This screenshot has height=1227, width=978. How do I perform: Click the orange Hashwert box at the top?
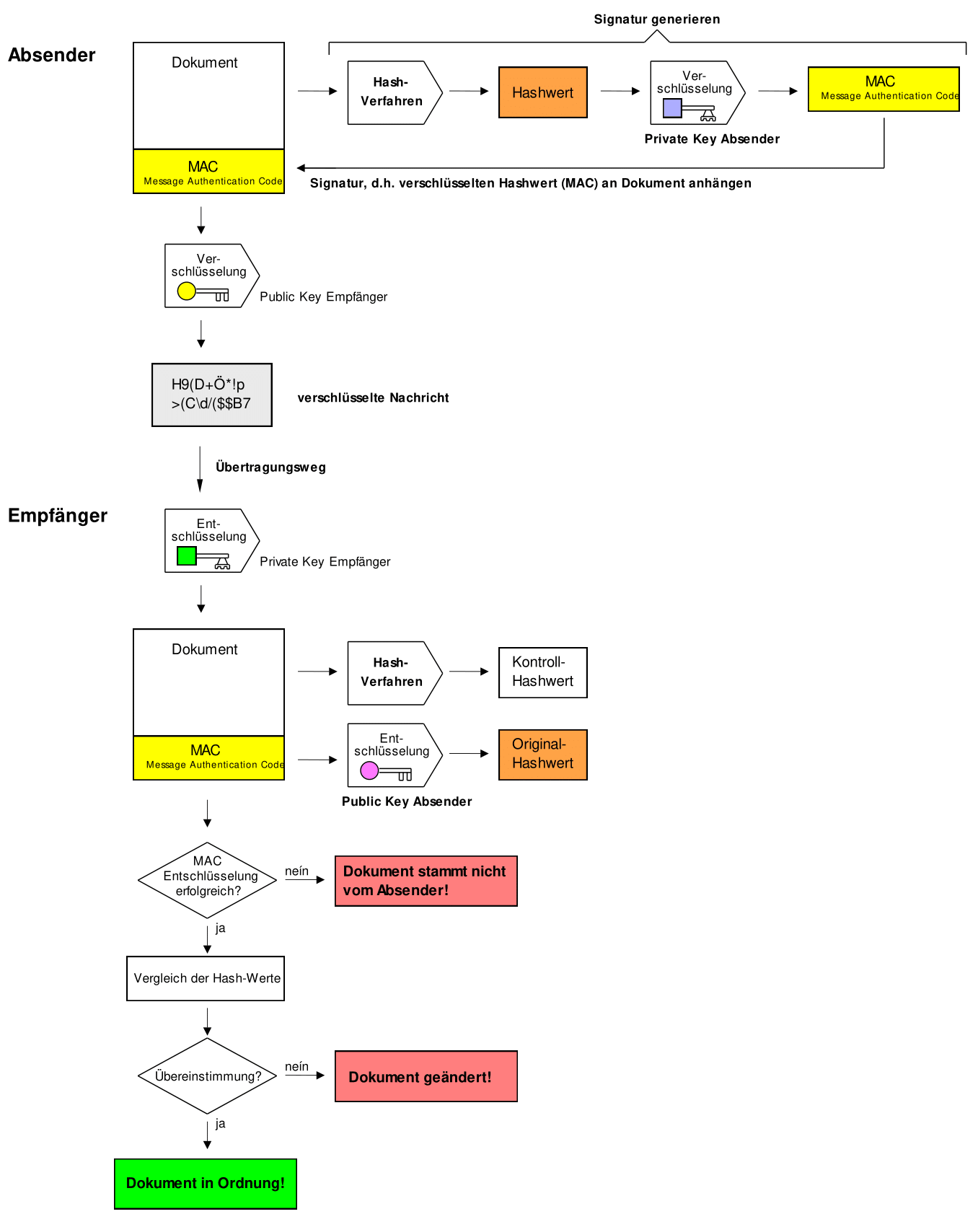[542, 92]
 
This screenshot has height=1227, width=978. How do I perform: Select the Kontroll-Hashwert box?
[542, 672]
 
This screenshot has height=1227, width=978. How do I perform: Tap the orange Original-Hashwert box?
[542, 755]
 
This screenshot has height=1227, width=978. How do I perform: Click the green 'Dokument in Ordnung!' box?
[205, 1184]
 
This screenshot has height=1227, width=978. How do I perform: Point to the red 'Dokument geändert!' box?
[426, 1076]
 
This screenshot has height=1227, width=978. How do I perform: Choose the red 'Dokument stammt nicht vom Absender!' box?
[426, 881]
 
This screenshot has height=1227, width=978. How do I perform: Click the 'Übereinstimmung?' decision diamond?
[207, 1076]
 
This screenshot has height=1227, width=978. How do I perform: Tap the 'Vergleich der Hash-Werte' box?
[206, 978]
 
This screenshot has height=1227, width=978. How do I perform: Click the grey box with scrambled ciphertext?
[211, 395]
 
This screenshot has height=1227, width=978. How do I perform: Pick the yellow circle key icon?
[187, 291]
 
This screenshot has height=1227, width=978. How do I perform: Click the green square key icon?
[187, 556]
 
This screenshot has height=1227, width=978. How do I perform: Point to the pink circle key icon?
[369, 770]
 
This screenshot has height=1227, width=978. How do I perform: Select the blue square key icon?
[672, 108]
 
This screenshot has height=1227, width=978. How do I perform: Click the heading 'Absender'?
[51, 55]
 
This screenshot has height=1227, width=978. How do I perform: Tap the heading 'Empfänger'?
[57, 515]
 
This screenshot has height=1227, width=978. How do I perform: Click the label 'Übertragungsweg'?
[270, 467]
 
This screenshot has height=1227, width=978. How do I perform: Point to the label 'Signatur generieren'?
[656, 19]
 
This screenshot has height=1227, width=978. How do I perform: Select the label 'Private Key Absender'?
[712, 138]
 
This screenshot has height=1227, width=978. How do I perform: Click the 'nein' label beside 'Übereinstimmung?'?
[296, 1066]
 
